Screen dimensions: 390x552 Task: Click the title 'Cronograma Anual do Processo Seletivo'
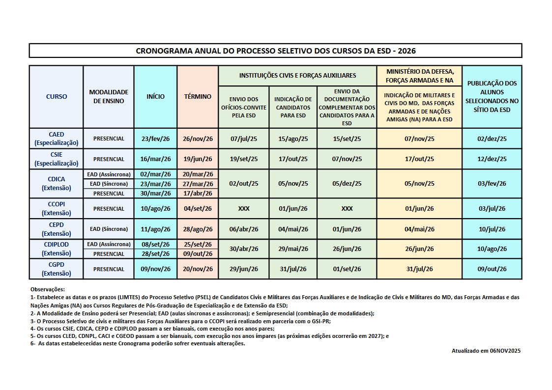click(x=275, y=51)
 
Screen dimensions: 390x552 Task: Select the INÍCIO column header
click(x=155, y=97)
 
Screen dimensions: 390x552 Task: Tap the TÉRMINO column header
click(x=198, y=97)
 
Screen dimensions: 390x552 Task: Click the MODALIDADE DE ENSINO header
click(x=109, y=96)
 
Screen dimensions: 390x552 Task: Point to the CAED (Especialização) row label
click(x=57, y=139)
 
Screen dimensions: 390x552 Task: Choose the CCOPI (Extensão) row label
click(x=57, y=209)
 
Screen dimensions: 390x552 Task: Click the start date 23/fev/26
click(x=155, y=139)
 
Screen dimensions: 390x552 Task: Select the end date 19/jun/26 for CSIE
click(x=198, y=159)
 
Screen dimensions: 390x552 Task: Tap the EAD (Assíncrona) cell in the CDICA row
click(x=109, y=174)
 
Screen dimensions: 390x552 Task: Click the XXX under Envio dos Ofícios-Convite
click(x=244, y=209)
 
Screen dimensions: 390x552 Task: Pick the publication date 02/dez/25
click(x=492, y=139)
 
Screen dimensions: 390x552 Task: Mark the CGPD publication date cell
click(x=492, y=269)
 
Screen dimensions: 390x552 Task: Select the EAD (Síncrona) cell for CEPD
click(x=109, y=229)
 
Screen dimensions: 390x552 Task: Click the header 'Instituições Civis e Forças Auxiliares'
click(x=297, y=76)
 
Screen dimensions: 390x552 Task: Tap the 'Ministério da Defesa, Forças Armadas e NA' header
click(x=419, y=76)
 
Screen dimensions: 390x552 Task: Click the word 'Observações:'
click(x=48, y=289)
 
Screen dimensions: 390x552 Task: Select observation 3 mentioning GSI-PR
click(x=180, y=321)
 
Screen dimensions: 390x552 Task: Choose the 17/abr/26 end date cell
click(x=198, y=194)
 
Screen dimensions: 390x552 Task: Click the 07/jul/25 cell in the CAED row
click(x=244, y=139)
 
